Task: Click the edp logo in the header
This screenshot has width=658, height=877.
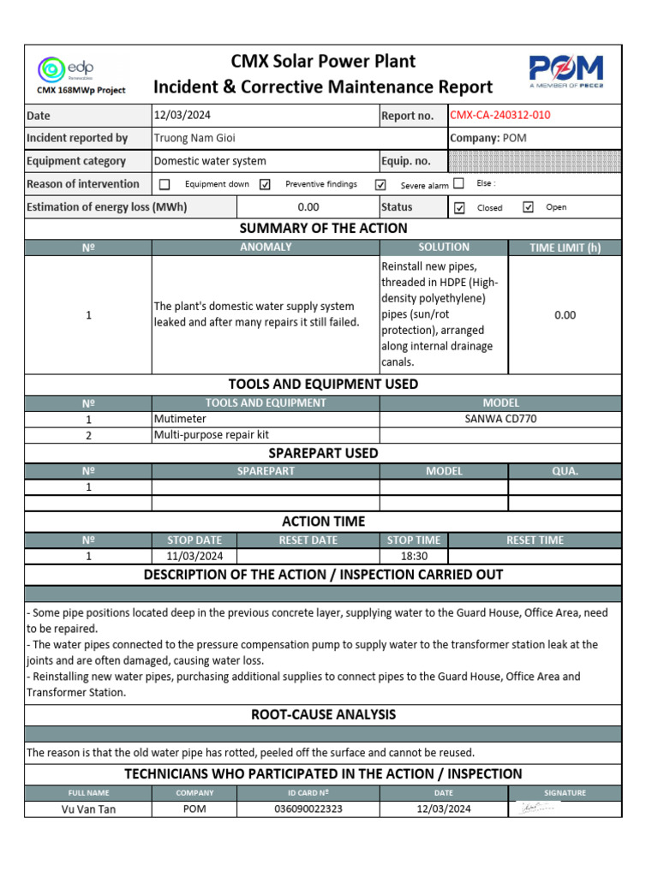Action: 67,69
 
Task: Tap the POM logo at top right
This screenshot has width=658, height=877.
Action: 565,69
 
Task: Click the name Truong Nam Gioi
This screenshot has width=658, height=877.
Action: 194,138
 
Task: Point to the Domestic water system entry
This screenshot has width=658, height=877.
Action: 210,161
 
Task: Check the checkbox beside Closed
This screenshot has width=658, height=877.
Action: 460,207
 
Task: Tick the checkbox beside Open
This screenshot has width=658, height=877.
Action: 528,207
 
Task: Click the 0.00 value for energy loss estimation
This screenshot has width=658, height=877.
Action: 308,207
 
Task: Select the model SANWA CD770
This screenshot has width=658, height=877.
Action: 500,419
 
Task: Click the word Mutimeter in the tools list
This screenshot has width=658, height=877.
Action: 180,419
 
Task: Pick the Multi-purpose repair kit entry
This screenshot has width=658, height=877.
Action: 211,435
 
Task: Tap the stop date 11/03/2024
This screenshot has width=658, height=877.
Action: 194,556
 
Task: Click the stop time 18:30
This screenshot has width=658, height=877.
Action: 413,556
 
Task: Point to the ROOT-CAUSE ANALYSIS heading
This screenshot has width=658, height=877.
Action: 323,715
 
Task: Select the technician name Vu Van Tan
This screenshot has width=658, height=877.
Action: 87,809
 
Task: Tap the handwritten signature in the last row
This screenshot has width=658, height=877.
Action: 537,808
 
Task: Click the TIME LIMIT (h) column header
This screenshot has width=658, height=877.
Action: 565,248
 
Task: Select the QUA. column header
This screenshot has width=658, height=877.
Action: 565,471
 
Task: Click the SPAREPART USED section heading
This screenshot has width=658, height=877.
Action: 323,453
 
